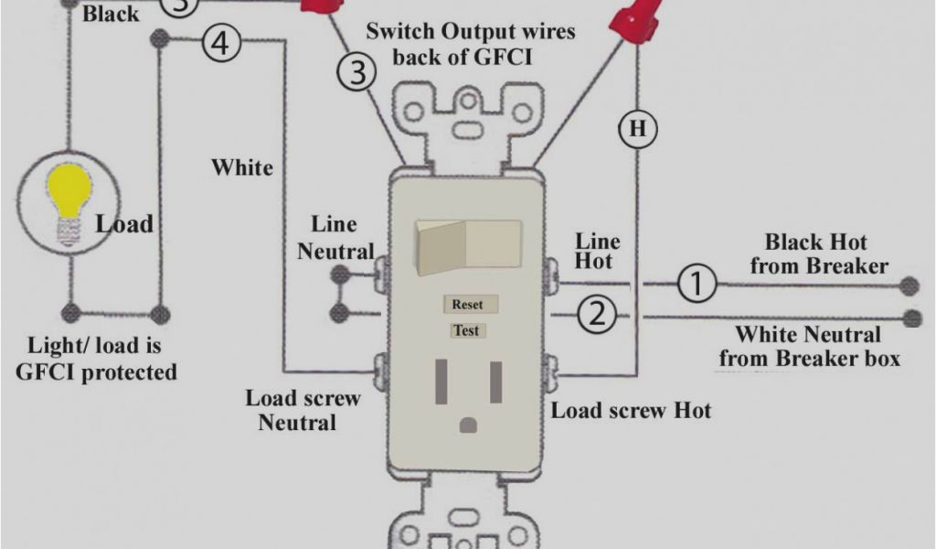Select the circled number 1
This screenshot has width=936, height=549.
pos(697,284)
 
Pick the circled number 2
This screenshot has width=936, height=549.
pos(596,316)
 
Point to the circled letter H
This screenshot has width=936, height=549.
pos(637,129)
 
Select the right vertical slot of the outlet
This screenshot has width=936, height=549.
pos(495,381)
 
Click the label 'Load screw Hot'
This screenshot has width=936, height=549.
pos(631,409)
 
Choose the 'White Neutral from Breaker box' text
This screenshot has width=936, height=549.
pos(809,346)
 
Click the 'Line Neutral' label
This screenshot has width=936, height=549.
pos(335,238)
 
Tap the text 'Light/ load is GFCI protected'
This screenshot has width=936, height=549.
pos(101,359)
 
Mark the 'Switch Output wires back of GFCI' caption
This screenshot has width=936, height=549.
pos(471,43)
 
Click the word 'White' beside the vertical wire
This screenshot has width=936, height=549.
pos(242,167)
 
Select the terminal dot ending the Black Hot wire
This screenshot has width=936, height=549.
pos(909,285)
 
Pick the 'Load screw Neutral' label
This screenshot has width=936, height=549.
pos(302,410)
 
